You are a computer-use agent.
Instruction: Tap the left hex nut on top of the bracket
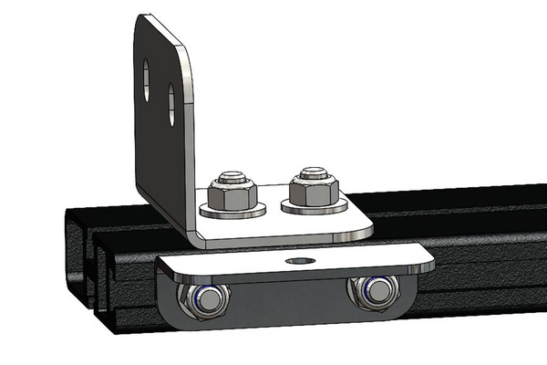point(230,193)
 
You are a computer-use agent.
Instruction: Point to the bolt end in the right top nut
point(314,172)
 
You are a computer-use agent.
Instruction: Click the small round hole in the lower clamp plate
point(295,261)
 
